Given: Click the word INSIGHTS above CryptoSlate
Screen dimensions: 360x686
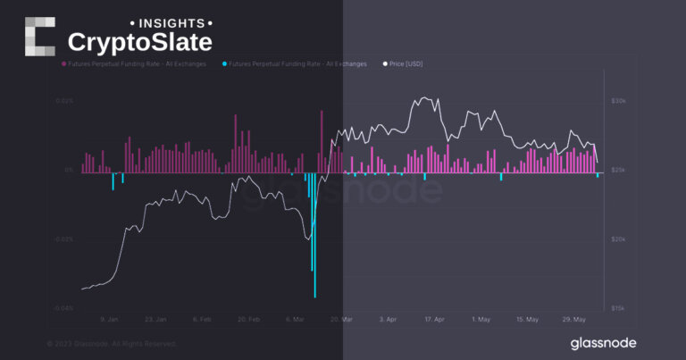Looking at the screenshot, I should tap(172, 21).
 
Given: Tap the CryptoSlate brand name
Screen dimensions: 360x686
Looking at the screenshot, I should tap(140, 42).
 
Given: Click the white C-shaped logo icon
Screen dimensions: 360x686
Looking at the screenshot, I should tap(40, 36).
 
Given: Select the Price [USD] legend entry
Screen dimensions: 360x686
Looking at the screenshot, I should tap(404, 64).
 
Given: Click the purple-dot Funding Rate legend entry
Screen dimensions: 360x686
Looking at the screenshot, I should tap(133, 64).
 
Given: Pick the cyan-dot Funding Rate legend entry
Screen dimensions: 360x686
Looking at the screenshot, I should tap(294, 64).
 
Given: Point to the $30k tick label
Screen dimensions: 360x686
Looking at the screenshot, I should tap(619, 102).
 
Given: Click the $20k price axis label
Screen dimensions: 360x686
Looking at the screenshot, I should tap(619, 239).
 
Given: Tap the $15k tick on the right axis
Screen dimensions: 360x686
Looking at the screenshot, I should tap(619, 308).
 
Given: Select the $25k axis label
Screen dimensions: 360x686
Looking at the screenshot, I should tap(619, 171).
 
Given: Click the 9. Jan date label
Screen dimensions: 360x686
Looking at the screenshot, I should tap(109, 319).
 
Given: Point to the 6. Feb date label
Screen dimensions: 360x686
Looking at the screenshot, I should tap(201, 319).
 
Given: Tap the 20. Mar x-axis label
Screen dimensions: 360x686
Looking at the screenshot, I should tap(340, 319).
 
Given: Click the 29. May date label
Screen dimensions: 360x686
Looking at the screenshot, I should tap(573, 319).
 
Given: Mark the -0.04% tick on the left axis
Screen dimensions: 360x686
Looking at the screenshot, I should tap(63, 309).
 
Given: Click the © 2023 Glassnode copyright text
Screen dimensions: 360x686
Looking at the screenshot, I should tap(112, 344).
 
